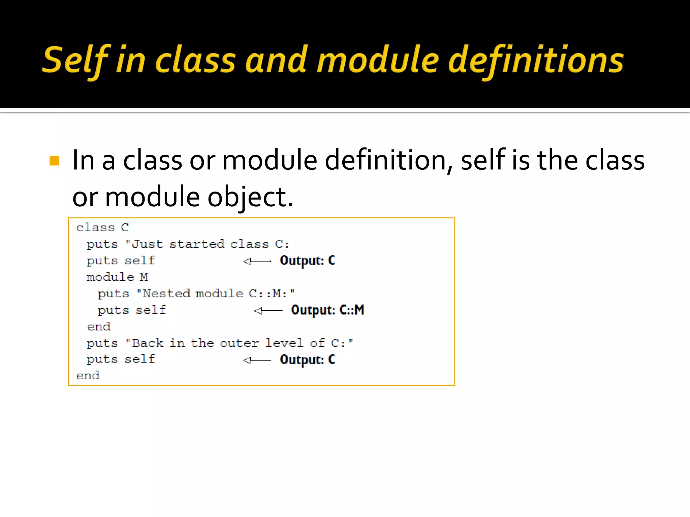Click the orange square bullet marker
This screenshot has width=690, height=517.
[x=54, y=161]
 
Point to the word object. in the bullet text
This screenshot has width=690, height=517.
[x=250, y=197]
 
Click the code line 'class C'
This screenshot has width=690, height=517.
[x=102, y=228]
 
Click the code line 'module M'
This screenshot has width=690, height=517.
[x=117, y=277]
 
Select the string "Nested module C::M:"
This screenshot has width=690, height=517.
[x=216, y=294]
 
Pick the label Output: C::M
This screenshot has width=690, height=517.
[x=327, y=310]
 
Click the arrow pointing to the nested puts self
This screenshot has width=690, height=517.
[x=268, y=310]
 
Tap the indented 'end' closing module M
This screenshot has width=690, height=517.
[x=99, y=326]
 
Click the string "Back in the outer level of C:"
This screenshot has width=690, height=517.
[x=239, y=343]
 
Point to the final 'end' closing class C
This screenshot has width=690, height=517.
[x=88, y=376]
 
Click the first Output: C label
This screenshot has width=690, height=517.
[x=308, y=261]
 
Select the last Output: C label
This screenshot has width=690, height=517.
[x=308, y=359]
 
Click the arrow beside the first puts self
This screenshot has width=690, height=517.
[x=257, y=261]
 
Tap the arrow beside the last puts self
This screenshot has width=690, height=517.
[x=257, y=360]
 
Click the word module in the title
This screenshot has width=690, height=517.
[x=378, y=61]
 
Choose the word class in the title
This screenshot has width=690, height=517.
[x=195, y=61]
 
